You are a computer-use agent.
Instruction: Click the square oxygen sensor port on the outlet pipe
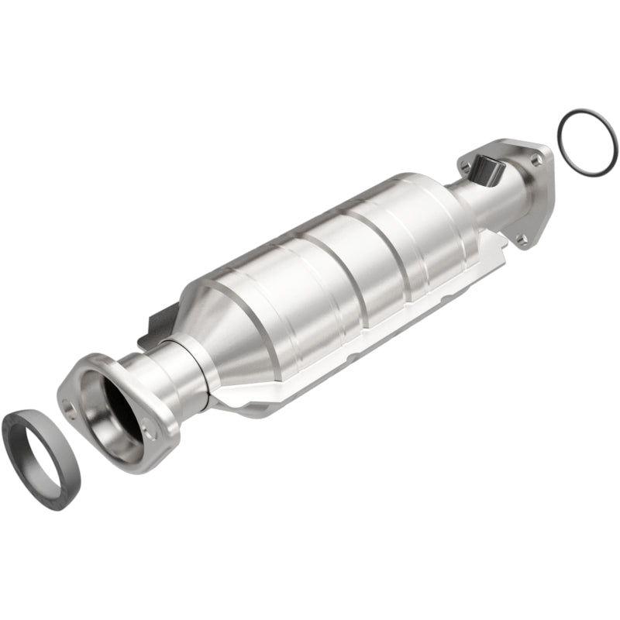(x=486, y=168)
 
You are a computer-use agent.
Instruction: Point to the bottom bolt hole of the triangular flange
(x=522, y=239)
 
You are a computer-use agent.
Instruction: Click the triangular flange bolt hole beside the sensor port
(x=463, y=165)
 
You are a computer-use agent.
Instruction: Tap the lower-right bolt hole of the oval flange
(x=149, y=425)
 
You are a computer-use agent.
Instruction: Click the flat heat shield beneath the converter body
(x=310, y=387)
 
